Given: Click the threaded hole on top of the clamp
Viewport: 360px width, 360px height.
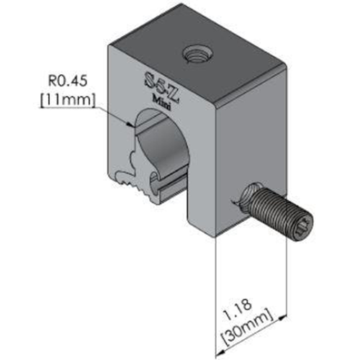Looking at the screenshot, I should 196,52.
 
